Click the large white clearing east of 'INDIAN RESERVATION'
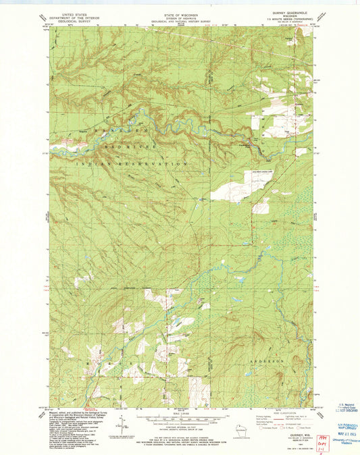pos(233,183)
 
